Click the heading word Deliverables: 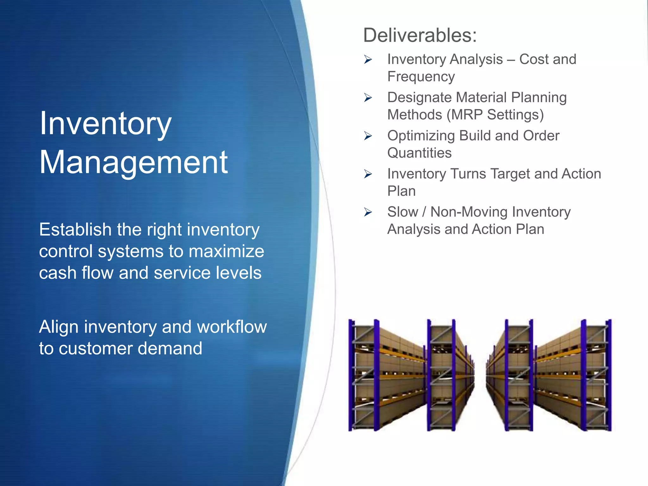[420, 35]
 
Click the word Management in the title [133, 162]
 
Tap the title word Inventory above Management [105, 124]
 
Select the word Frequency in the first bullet [421, 77]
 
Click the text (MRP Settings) [495, 115]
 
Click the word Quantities [419, 153]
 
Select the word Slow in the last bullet [402, 212]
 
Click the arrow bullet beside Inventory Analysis [368, 59]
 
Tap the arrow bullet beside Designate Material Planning [368, 97]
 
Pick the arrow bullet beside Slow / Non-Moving [368, 212]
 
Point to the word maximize [226, 251]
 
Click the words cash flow [76, 273]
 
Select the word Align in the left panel [59, 327]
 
